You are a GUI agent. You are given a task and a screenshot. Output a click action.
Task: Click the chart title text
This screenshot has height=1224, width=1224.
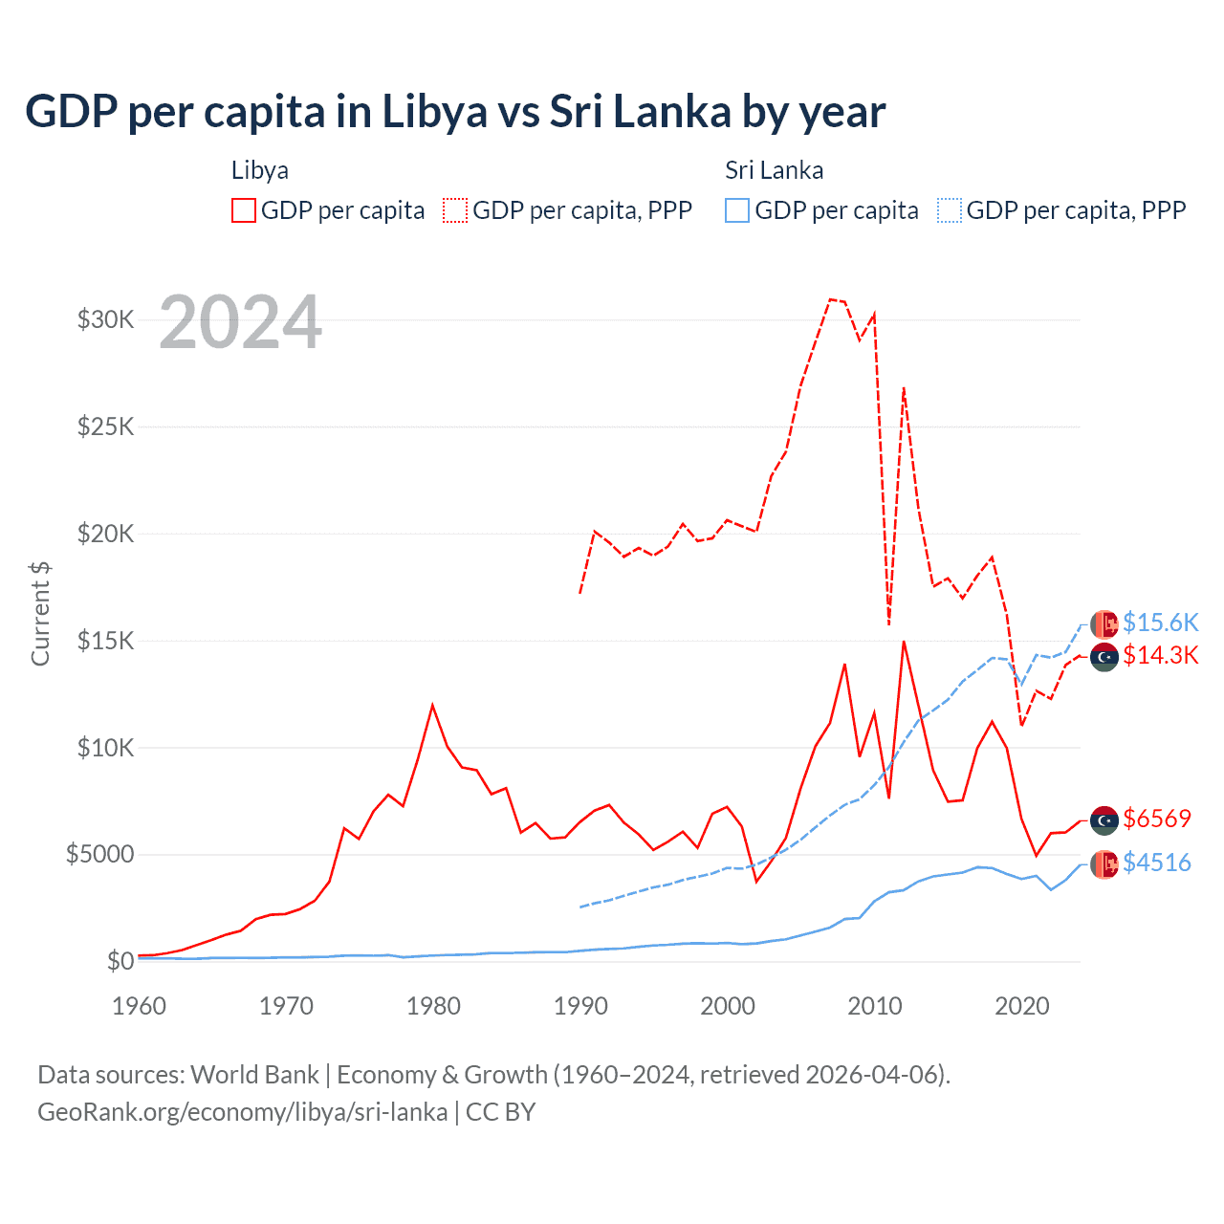[x=455, y=112]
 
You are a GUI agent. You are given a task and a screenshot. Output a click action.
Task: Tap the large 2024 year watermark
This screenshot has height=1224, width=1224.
[x=240, y=322]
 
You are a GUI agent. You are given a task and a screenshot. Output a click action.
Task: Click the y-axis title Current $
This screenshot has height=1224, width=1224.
[x=40, y=613]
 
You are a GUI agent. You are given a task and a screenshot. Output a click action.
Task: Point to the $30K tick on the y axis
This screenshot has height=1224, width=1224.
[x=105, y=319]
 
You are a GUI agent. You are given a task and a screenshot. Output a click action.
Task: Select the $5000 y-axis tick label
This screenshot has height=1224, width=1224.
[x=99, y=854]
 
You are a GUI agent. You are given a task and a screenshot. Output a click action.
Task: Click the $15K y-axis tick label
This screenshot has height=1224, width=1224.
[x=105, y=641]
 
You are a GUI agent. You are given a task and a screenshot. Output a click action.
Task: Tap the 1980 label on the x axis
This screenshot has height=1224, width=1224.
[x=433, y=1006]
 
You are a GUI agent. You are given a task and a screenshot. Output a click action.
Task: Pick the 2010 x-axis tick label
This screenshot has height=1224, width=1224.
[x=875, y=1006]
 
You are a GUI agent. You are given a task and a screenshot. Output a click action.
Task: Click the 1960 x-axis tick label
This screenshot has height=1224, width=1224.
[x=140, y=1006]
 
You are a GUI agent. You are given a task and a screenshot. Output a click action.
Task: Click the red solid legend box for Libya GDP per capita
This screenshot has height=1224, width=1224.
[x=244, y=210]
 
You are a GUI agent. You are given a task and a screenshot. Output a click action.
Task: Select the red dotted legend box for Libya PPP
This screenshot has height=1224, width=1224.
[x=455, y=210]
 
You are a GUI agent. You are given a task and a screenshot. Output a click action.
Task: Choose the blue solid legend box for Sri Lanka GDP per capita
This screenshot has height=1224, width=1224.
[x=737, y=210]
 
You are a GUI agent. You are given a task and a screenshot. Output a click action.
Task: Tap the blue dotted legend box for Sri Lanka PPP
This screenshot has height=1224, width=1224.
[x=950, y=210]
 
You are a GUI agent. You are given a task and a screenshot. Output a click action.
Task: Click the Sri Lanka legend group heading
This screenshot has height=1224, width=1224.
[x=774, y=170]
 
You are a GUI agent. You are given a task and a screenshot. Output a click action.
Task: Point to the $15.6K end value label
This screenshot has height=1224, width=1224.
[x=1160, y=623]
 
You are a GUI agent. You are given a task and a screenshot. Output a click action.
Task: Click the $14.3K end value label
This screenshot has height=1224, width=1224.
[x=1160, y=655]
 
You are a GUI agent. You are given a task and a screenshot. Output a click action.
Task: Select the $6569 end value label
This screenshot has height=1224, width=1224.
[x=1157, y=819]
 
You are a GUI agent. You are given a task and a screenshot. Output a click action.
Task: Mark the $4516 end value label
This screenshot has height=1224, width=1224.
[x=1157, y=863]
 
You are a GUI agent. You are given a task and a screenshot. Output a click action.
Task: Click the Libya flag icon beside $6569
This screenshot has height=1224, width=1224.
[x=1104, y=820]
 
